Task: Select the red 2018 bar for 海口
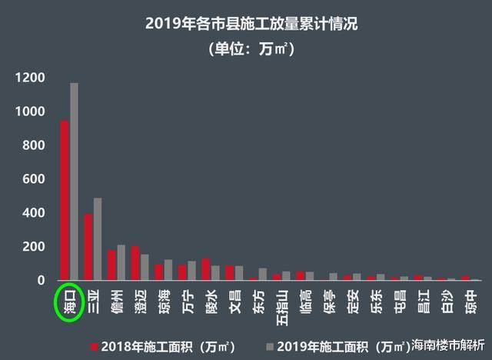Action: pos(65,200)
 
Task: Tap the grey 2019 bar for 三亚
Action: pos(98,239)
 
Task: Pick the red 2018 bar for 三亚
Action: pos(88,247)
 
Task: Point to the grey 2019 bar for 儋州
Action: pos(121,262)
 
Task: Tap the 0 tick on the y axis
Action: pos(42,281)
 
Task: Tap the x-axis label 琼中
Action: pos(470,301)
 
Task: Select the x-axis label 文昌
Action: pos(234,301)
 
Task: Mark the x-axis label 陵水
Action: pos(211,301)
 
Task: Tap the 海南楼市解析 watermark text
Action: pos(449,345)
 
